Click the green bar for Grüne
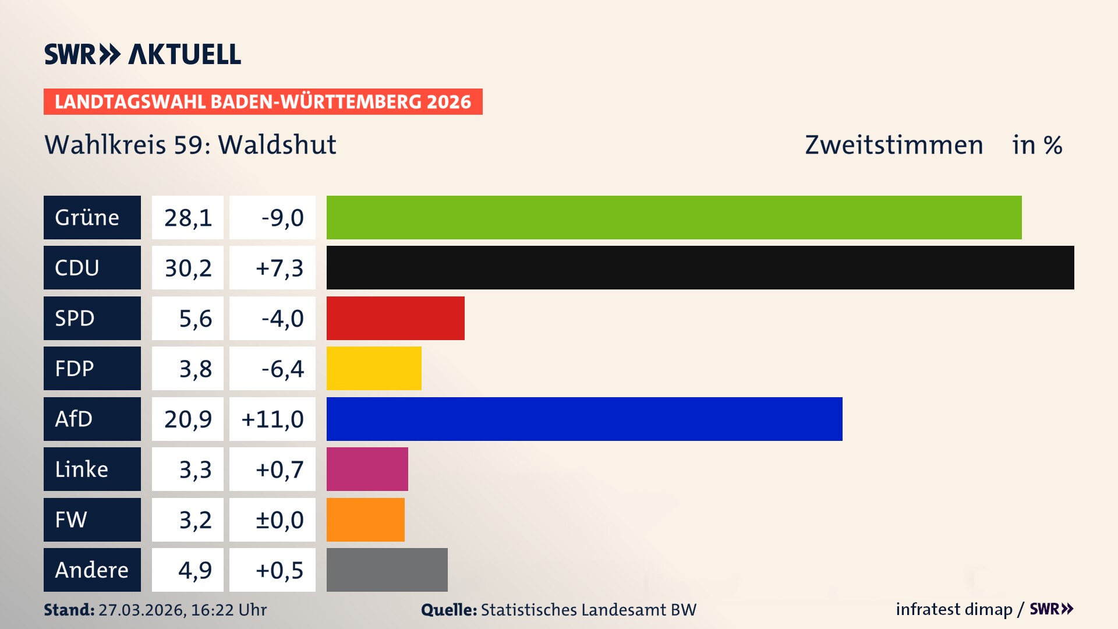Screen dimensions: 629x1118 (674, 217)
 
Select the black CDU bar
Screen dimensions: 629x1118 (700, 267)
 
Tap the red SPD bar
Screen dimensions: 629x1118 (395, 318)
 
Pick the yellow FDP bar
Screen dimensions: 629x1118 (374, 368)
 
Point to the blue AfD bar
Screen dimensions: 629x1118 (584, 419)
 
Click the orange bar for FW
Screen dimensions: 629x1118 (365, 520)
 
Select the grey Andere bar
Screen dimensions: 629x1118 (387, 570)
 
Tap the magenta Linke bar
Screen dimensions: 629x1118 (367, 469)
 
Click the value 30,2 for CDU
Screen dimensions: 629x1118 (187, 268)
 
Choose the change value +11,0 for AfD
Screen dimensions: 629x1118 (273, 419)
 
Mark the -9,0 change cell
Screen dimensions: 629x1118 (282, 218)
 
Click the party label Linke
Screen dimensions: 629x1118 (82, 469)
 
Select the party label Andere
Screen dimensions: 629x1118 (91, 570)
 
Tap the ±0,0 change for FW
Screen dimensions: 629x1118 (279, 520)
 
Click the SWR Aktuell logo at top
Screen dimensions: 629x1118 (143, 54)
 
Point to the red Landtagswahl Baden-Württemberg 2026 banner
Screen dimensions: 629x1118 (263, 101)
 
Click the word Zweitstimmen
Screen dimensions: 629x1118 (894, 145)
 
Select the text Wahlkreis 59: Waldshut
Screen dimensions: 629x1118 (190, 145)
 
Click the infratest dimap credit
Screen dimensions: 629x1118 (954, 609)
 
